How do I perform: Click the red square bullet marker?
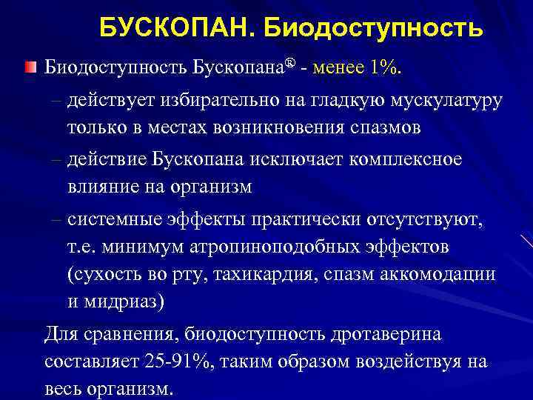pyautogui.click(x=29, y=69)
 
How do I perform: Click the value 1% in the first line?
pyautogui.click(x=387, y=69)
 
